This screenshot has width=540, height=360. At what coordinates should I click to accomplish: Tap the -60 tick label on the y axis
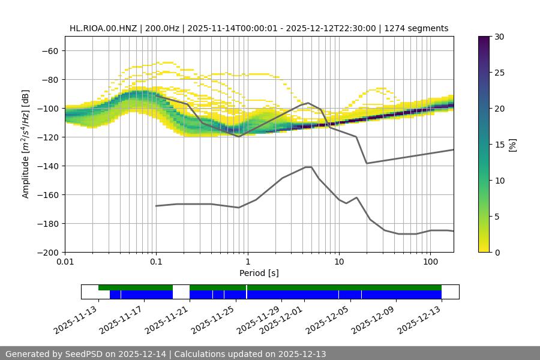coord(50,50)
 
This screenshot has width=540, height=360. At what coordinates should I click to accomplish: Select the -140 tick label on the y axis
coord(48,166)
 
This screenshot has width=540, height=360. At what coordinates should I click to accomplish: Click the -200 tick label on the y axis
coord(48,252)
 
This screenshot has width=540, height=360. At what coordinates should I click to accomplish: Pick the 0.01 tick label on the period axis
coord(65,262)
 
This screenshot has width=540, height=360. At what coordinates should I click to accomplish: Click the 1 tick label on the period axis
coord(247,262)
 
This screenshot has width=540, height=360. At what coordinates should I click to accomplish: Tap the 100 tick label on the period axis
coord(430,262)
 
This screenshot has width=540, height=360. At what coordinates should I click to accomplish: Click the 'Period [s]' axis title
coord(259,273)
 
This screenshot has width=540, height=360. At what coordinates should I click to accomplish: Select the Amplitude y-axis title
coord(26,144)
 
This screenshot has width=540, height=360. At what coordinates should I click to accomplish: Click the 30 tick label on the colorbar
coord(499,37)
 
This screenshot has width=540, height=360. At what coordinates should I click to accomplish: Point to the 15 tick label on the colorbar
coord(499,145)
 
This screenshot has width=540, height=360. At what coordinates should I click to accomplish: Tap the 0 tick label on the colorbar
coord(497,252)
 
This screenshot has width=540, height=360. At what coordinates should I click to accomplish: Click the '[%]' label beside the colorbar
coord(512,145)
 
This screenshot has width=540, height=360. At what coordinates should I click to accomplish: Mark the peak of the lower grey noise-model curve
coord(309,167)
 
